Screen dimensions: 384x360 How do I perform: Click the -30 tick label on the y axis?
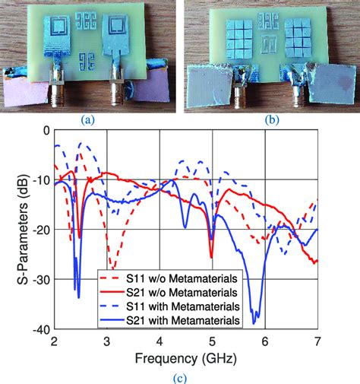point(39,279)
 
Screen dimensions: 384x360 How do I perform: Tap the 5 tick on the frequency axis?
point(213,341)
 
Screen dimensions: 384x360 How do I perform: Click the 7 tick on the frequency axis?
point(317,341)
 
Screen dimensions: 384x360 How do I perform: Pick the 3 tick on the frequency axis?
point(107,341)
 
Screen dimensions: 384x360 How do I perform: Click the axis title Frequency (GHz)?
point(185,357)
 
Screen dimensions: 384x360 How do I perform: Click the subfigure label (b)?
point(271,119)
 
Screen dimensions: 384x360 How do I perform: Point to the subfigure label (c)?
point(185,376)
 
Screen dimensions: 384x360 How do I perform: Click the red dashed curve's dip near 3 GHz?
point(112,267)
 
